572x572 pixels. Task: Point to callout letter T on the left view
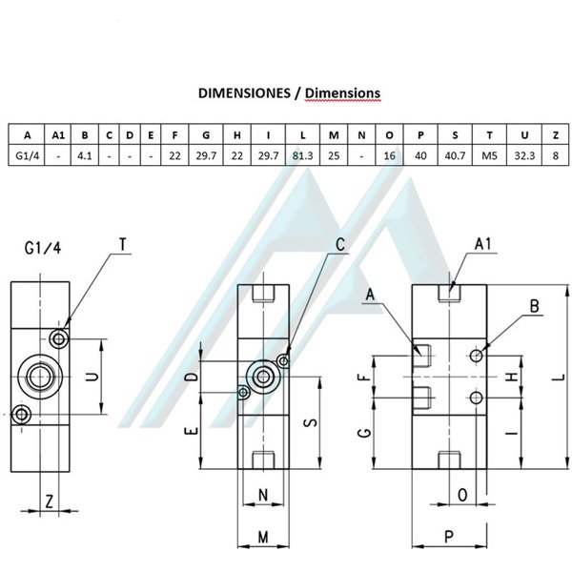coord(122,245)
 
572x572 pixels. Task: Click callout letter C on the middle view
coord(339,243)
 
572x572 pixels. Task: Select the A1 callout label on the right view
coord(485,245)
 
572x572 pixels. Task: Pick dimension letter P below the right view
coord(448,536)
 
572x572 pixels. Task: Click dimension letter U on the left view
coord(92,377)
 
